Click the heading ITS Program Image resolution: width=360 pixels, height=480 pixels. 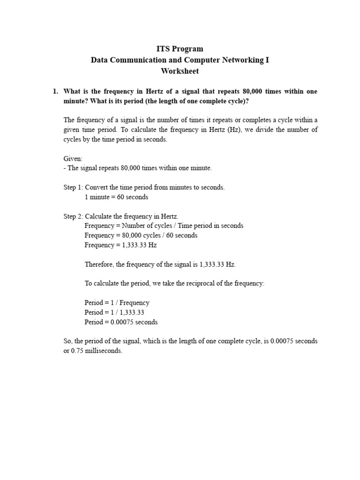tap(180, 49)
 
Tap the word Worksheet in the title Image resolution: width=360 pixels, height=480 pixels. tap(180, 71)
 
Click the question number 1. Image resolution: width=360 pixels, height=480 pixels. tap(55, 91)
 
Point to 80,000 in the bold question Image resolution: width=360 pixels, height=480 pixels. tap(255, 91)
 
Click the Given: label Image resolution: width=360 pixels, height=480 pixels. tap(73, 159)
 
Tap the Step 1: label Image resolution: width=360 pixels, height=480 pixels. tap(73, 187)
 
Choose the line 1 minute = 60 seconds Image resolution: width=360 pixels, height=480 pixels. tap(116, 197)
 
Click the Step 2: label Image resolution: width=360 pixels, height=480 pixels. tap(73, 216)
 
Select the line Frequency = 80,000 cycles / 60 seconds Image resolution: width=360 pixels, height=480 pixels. tap(141, 235)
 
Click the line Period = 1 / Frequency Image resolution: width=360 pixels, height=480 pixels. tap(117, 303)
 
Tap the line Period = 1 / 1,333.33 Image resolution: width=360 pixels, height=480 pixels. tap(114, 312)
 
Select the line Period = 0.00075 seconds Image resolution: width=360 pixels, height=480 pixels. tap(121, 322)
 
